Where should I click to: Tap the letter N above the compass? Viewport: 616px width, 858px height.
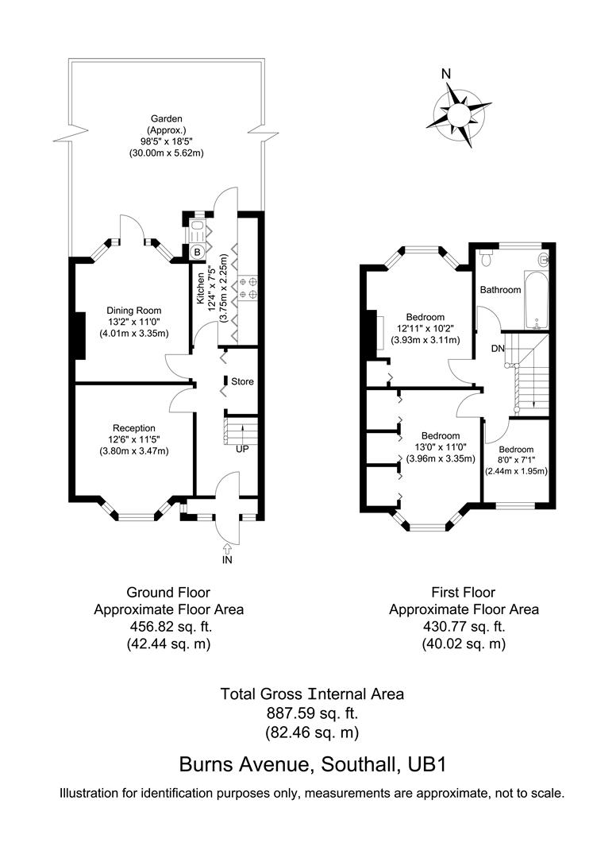(446, 75)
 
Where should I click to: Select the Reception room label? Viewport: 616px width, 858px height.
(134, 428)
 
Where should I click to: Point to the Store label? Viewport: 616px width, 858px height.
(242, 382)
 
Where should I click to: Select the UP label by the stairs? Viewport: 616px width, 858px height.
(242, 450)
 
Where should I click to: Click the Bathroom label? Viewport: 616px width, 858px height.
(500, 290)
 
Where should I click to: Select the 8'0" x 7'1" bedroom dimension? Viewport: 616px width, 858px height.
(516, 460)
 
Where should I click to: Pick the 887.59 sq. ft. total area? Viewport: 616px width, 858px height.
(312, 713)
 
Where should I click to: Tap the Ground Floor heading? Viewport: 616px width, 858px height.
(168, 592)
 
